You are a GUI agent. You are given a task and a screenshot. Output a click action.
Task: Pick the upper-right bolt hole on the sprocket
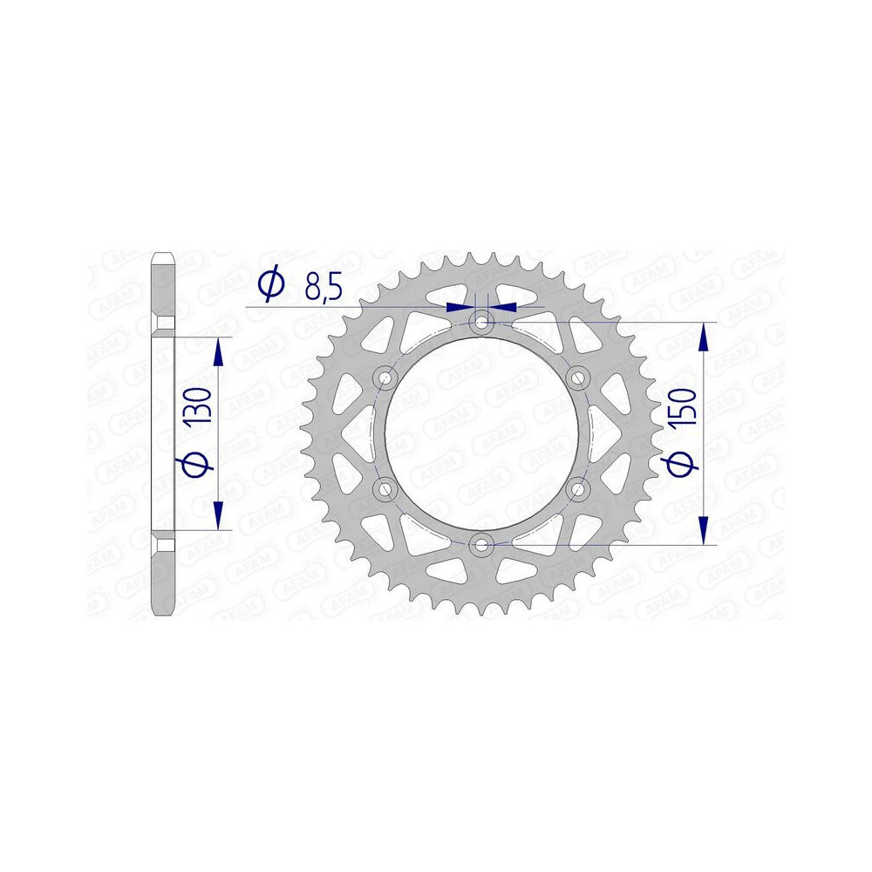pos(576,378)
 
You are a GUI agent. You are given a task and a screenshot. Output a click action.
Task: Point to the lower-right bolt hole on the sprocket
pos(576,490)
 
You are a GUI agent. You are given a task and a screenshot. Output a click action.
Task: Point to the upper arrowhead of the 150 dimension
pos(705,337)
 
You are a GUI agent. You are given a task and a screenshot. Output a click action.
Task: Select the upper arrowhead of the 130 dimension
pos(218,352)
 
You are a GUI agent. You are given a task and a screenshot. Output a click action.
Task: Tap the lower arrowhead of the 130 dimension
pos(218,514)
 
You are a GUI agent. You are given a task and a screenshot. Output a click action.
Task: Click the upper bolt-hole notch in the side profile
pos(164,324)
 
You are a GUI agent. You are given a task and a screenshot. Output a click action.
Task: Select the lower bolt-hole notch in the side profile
pos(164,546)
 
